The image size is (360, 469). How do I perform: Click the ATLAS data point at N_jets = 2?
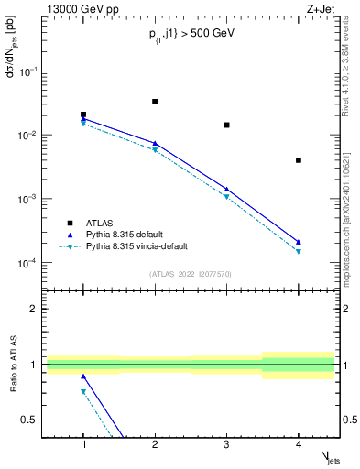click(x=155, y=101)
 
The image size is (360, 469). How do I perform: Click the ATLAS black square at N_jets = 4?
click(x=299, y=160)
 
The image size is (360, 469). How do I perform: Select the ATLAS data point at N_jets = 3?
click(x=226, y=125)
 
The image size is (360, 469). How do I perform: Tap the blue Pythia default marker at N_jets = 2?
click(x=155, y=143)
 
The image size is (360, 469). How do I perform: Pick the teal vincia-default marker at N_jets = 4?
click(x=299, y=251)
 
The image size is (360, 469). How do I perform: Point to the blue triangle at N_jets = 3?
click(x=226, y=189)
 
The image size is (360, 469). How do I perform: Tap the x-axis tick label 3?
click(x=226, y=443)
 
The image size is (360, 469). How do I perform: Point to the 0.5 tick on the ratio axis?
click(x=33, y=420)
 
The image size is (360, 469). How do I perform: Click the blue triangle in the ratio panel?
click(x=83, y=376)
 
